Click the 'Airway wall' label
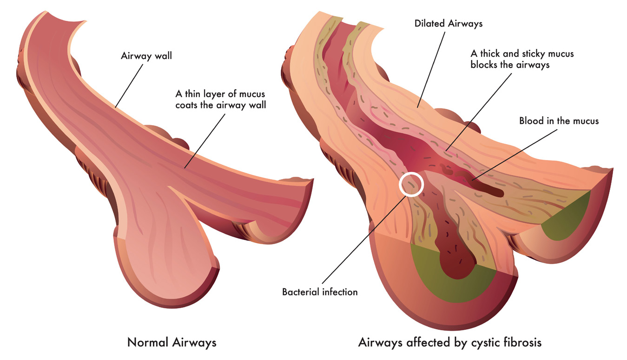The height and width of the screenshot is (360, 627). (x=146, y=56)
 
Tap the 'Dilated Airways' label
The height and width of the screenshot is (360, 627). (x=449, y=24)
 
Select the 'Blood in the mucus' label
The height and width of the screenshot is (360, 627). (x=559, y=121)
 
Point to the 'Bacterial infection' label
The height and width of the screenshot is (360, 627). (x=320, y=292)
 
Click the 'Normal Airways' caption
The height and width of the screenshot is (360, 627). (x=172, y=343)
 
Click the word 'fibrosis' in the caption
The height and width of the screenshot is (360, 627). (x=522, y=342)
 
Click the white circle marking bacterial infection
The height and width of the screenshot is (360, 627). (x=411, y=184)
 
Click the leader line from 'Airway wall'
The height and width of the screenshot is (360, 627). (x=129, y=86)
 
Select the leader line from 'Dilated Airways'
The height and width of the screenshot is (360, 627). (x=431, y=69)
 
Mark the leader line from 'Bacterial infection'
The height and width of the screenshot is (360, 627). (x=364, y=240)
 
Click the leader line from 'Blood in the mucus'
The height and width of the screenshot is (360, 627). (x=515, y=154)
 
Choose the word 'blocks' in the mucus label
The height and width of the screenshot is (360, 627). (x=484, y=65)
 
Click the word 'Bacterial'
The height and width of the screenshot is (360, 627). (x=300, y=292)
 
